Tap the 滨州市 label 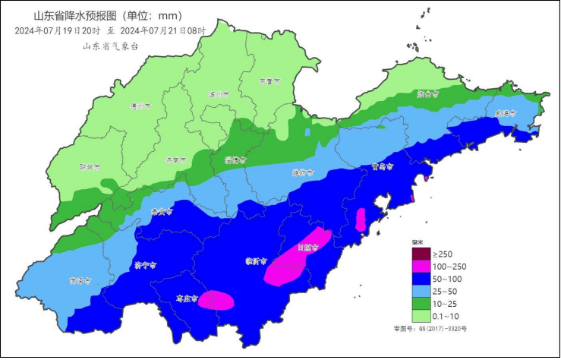point(218,95)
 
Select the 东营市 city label point(269,80)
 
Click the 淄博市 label point(235,160)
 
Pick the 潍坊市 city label point(303,172)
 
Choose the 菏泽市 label point(80,280)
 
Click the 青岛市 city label point(384,166)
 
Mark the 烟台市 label point(428,95)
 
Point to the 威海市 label point(506,112)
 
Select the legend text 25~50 point(446,292)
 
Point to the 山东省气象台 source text point(111,46)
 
